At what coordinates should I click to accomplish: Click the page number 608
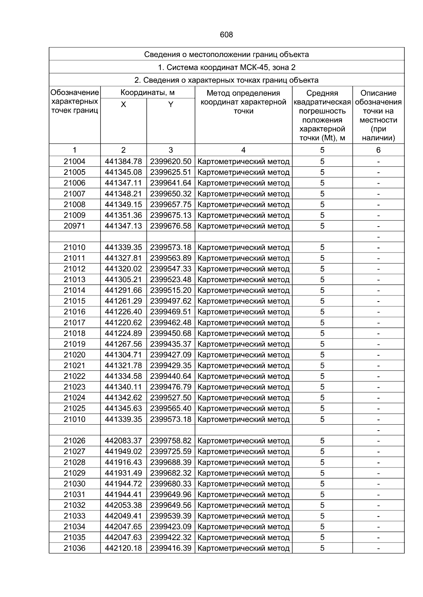click(x=226, y=35)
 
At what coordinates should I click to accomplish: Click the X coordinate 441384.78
click(x=123, y=161)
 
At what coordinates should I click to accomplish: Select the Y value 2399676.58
click(x=171, y=226)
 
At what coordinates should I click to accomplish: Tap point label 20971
click(x=74, y=226)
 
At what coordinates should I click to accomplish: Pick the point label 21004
click(x=74, y=161)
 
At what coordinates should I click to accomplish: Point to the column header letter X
click(x=123, y=104)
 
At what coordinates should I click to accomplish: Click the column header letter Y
click(x=171, y=104)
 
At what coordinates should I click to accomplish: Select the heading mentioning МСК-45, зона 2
click(x=226, y=67)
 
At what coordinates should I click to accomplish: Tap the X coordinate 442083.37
click(x=123, y=441)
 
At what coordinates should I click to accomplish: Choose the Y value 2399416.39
click(x=171, y=548)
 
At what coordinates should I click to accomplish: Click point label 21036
click(x=74, y=548)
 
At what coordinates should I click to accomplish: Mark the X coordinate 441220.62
click(x=123, y=323)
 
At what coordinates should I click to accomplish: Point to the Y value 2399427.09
click(x=171, y=355)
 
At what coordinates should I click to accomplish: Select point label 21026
click(x=74, y=441)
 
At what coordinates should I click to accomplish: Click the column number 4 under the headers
click(x=243, y=150)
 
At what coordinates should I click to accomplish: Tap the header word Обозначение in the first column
click(x=74, y=93)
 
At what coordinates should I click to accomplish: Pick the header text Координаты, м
click(x=147, y=93)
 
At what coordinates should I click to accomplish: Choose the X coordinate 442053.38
click(x=123, y=505)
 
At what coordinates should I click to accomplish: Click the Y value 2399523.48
click(x=171, y=280)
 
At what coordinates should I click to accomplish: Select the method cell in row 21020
click(x=243, y=355)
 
